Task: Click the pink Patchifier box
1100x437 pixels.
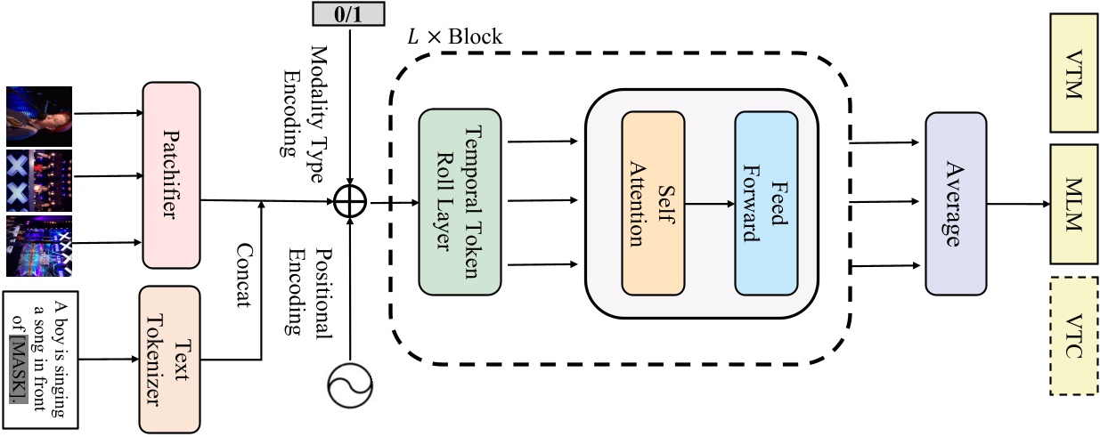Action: [171, 175]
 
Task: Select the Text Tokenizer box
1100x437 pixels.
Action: [169, 358]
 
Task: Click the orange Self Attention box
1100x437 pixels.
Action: [653, 204]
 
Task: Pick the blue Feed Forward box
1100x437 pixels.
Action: [765, 204]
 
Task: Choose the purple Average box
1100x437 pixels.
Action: [956, 204]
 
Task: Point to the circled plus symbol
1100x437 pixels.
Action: [352, 204]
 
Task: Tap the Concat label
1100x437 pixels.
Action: [241, 276]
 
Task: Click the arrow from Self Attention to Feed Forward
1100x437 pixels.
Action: [709, 204]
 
